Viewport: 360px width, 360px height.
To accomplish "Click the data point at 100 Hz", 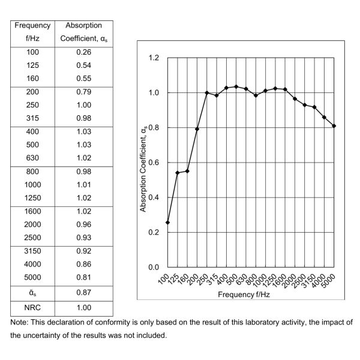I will pos(167,223).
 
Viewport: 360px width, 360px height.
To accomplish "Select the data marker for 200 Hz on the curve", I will pos(197,129).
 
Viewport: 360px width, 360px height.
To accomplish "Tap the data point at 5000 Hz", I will pos(334,126).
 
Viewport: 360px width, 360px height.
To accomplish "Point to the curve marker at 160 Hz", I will pos(187,171).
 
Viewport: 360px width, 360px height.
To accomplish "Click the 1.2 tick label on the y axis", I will pos(154,58).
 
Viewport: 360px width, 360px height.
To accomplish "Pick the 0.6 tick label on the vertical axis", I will pos(154,163).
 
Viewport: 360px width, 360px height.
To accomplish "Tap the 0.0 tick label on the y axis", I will pos(154,267).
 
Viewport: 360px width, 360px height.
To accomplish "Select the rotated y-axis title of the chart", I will pos(143,163).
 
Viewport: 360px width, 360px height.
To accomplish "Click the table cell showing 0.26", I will pos(83,52).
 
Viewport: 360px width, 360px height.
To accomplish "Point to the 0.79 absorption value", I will pos(83,92).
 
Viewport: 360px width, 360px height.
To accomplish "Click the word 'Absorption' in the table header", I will pos(83,26).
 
